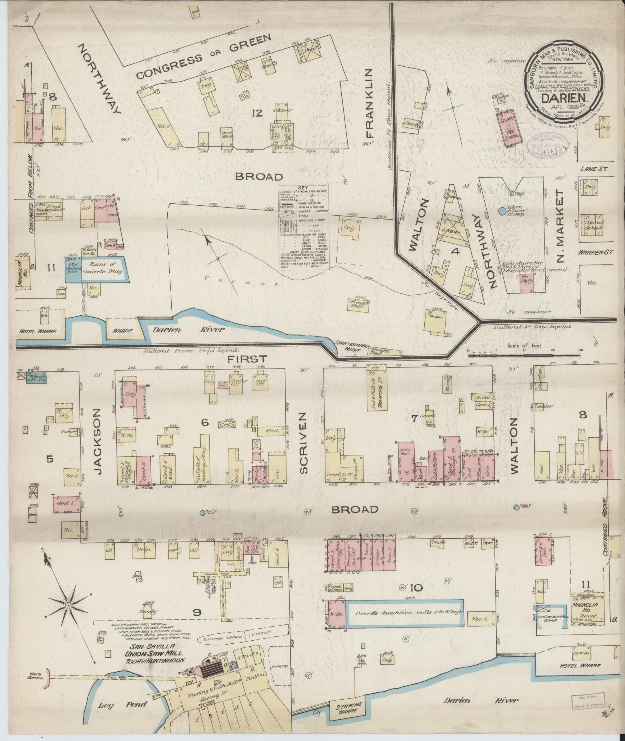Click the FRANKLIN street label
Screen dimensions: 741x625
368,104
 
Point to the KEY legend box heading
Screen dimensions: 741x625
303,187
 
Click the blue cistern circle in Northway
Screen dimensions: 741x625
502,211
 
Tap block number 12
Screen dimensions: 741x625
257,113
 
